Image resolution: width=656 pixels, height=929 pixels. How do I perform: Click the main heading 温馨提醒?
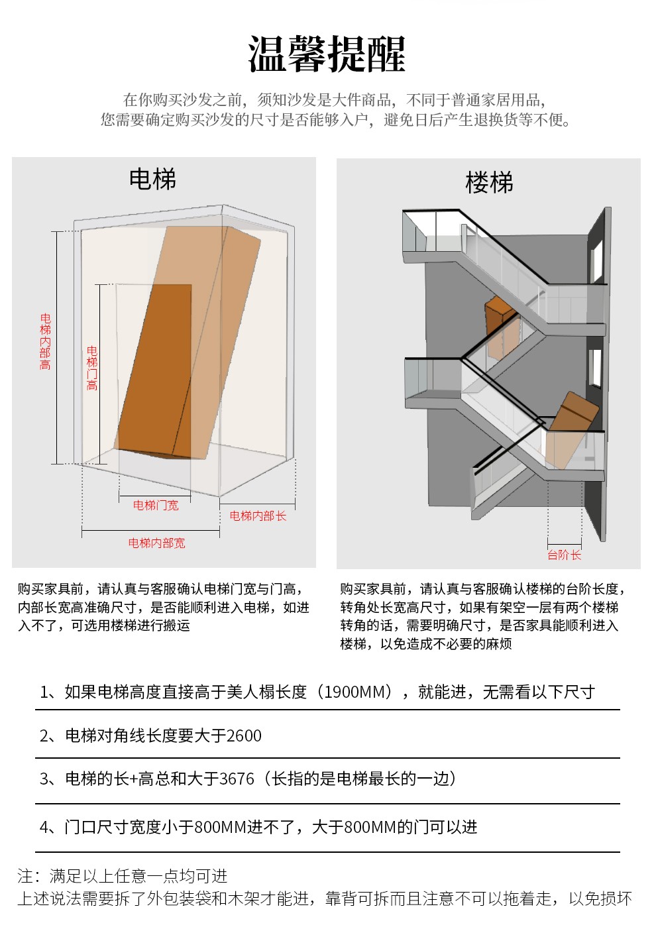pos(327,54)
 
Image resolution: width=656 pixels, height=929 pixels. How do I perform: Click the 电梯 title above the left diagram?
pos(152,180)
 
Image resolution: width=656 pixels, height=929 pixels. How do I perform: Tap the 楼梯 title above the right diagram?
pos(489,183)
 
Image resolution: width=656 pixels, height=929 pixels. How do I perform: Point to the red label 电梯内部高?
pos(45,342)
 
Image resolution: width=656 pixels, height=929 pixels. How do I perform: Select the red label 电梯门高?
pos(92,368)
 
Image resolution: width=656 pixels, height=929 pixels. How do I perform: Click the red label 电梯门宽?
pos(156,506)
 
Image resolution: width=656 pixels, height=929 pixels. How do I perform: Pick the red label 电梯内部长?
pos(258,516)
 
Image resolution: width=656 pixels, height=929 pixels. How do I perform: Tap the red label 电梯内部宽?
pos(156,543)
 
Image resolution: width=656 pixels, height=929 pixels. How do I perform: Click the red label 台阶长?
pos(564,555)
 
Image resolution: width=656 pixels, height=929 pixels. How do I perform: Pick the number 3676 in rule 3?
pos(237,779)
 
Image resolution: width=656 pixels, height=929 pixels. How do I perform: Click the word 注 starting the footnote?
pos(25,877)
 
